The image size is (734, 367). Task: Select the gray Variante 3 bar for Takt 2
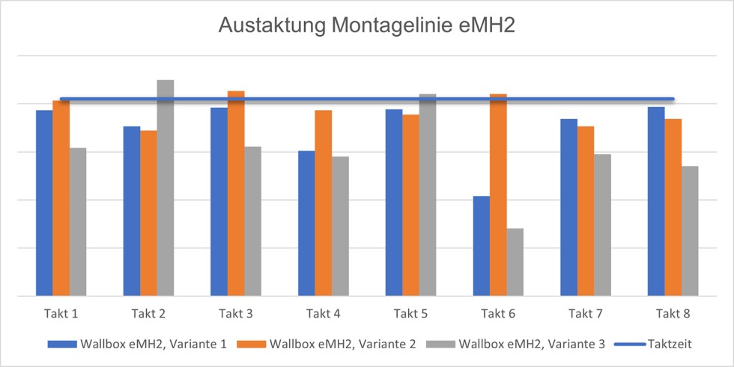coord(165,187)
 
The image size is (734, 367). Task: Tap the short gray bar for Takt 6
coord(515,262)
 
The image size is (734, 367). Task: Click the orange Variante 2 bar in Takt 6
coord(498,195)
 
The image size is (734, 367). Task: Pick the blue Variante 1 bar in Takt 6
coord(481,246)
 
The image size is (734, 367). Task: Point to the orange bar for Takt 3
coord(236,193)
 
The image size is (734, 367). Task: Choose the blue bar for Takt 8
coord(656,201)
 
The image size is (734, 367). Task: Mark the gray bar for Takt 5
coord(427,195)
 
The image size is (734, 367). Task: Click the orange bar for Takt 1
coord(61,198)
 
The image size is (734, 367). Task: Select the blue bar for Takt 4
coord(306,223)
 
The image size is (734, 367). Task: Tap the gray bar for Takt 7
coord(602,225)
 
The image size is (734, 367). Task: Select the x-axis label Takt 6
coord(497,312)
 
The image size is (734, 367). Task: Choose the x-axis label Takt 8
coord(673,312)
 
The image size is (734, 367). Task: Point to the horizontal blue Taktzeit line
coord(367,99)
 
